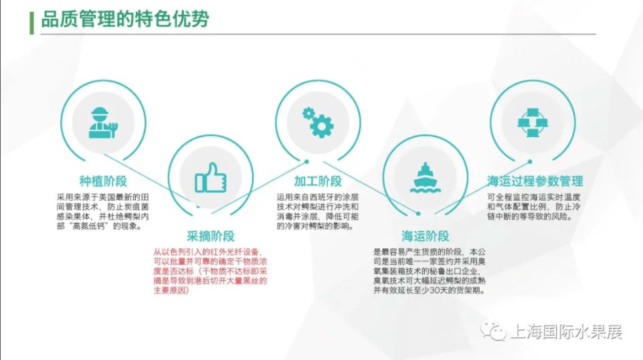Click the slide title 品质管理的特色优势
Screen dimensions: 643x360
coord(125,19)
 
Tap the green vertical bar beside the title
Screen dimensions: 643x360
coord(31,23)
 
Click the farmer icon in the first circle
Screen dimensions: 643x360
coord(103,122)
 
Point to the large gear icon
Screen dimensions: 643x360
coord(322,126)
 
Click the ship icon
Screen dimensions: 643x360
coord(426,178)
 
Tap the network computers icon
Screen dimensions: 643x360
coord(533,122)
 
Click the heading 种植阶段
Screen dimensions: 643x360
coord(103,181)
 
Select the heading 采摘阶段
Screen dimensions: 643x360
coord(211,236)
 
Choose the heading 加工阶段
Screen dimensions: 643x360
coord(318,181)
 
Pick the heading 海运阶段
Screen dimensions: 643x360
coord(426,236)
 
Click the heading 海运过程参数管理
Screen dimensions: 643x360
coord(535,181)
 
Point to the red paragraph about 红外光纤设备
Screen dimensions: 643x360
coord(210,271)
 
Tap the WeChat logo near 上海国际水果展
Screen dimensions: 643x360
coord(493,331)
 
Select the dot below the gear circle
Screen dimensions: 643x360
coord(306,161)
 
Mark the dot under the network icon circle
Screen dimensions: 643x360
coord(530,161)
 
